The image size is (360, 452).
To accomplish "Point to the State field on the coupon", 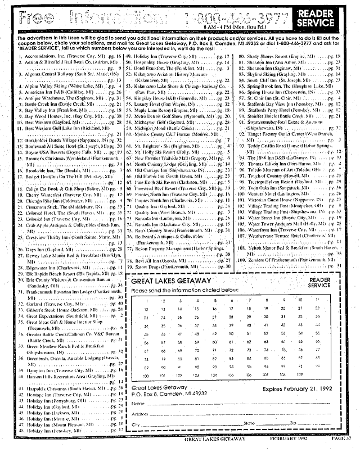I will click(264, 422).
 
